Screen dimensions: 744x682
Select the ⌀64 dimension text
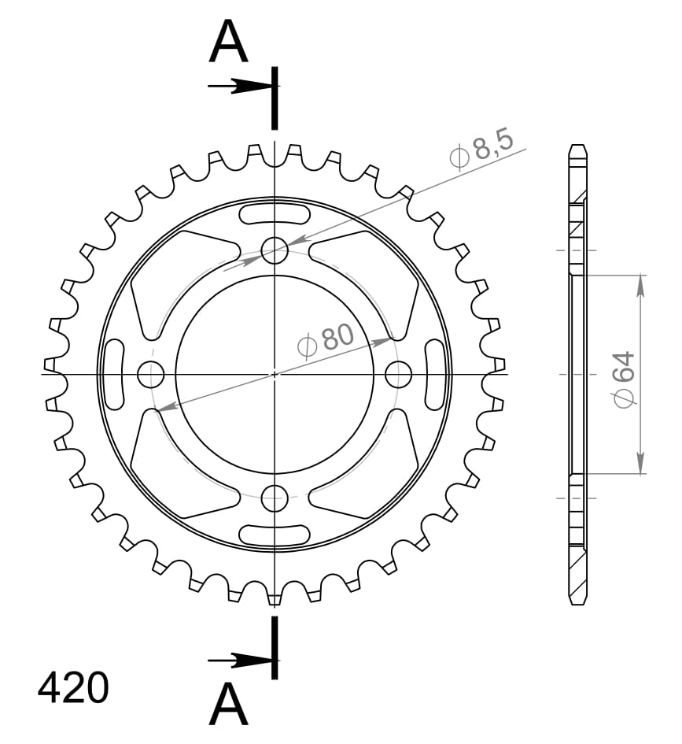click(x=625, y=379)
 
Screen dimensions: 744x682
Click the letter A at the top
click(x=229, y=43)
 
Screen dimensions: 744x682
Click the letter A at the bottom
click(x=229, y=704)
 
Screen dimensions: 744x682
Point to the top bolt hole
click(x=275, y=251)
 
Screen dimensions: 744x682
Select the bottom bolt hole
click(x=275, y=497)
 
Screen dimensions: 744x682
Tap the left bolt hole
click(x=150, y=374)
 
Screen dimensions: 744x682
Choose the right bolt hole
click(x=399, y=374)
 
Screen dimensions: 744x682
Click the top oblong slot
click(x=275, y=215)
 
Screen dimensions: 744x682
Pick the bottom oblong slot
click(x=275, y=534)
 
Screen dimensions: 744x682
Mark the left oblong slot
click(x=114, y=374)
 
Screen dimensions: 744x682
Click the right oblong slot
click(x=435, y=374)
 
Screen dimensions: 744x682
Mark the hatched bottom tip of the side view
click(x=578, y=579)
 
